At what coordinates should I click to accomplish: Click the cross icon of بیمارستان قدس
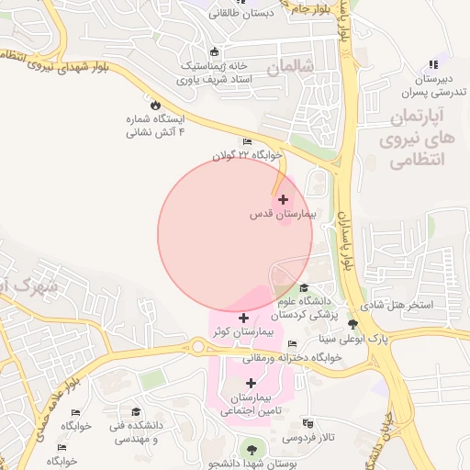tap(282, 199)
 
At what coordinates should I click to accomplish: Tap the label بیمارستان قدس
tap(282, 214)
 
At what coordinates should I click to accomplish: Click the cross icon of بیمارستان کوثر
tap(242, 318)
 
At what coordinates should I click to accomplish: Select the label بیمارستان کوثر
tap(243, 331)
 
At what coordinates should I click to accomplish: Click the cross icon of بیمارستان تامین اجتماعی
tap(251, 383)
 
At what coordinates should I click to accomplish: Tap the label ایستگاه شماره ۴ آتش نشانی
tap(155, 126)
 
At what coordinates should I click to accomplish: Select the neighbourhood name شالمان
tap(290, 67)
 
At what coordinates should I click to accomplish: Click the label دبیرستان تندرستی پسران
tap(431, 85)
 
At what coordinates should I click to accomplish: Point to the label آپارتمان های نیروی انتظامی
tap(417, 139)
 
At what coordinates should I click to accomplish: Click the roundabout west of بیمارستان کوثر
tap(196, 347)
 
